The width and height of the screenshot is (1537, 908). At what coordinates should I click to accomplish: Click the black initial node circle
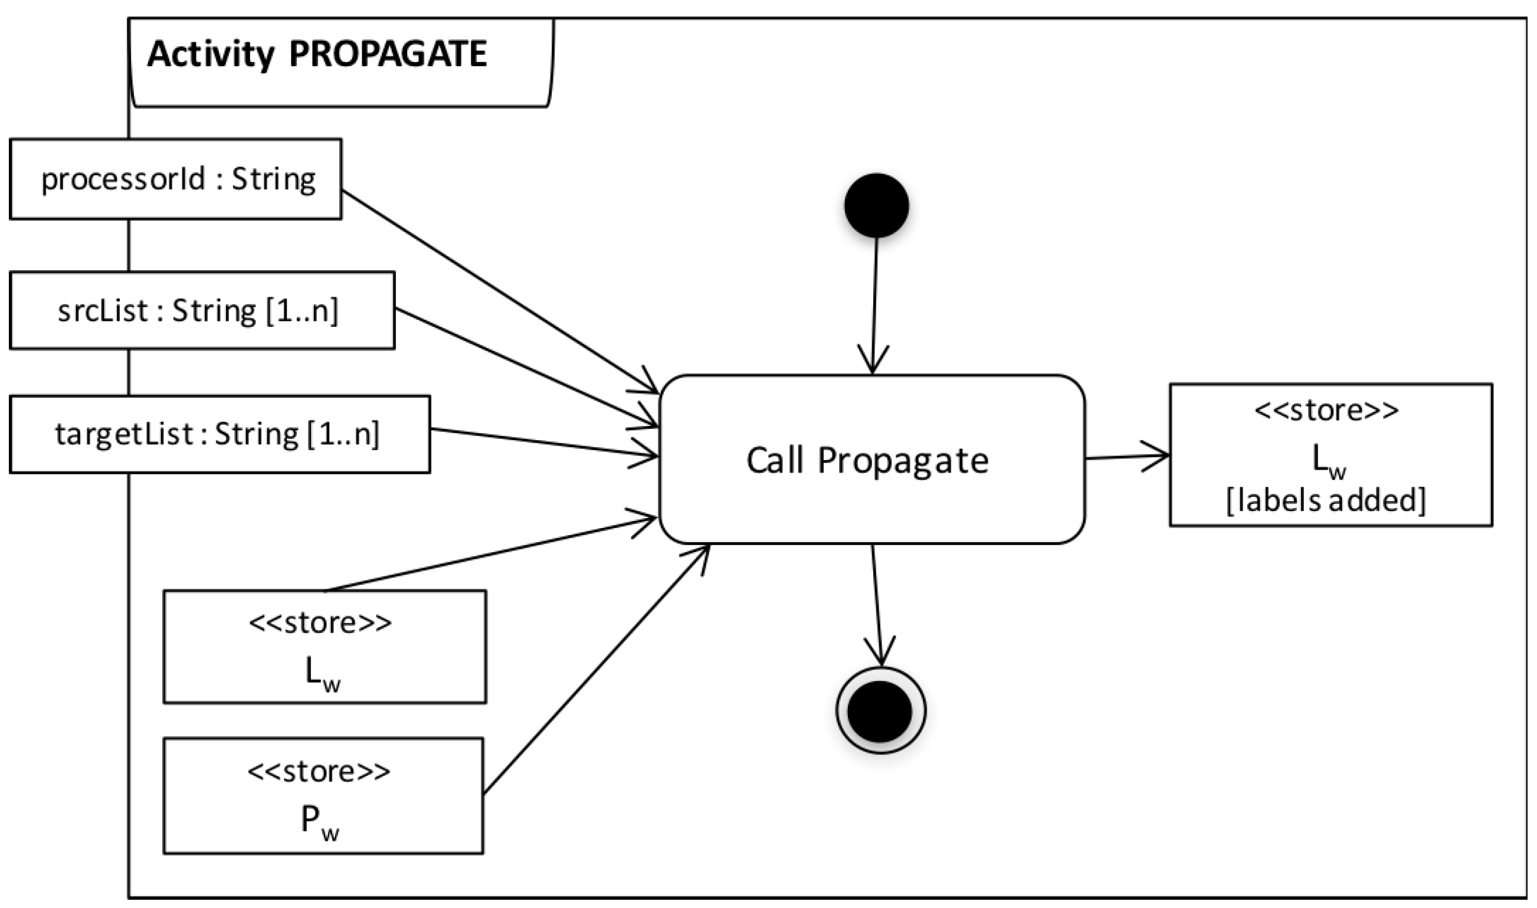876,205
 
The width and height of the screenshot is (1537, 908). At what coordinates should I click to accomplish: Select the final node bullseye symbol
880,711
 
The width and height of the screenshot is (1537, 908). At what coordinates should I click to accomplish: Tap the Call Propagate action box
872,460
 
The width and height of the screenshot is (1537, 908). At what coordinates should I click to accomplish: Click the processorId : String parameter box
176,179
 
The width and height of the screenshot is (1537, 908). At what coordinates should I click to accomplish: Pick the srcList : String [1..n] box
202,310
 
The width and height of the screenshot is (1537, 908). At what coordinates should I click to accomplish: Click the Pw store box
323,796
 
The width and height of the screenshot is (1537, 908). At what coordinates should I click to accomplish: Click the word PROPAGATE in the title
388,54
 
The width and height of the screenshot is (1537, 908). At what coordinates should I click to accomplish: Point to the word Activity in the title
211,54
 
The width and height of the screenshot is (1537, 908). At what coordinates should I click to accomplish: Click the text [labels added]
1325,500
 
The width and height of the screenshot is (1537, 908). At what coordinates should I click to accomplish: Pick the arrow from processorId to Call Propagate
499,291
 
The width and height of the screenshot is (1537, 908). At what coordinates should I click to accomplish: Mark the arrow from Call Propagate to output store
1126,457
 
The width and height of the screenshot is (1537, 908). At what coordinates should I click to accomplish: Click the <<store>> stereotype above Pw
319,771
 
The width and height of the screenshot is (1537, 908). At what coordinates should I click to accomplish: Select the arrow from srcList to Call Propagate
526,367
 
